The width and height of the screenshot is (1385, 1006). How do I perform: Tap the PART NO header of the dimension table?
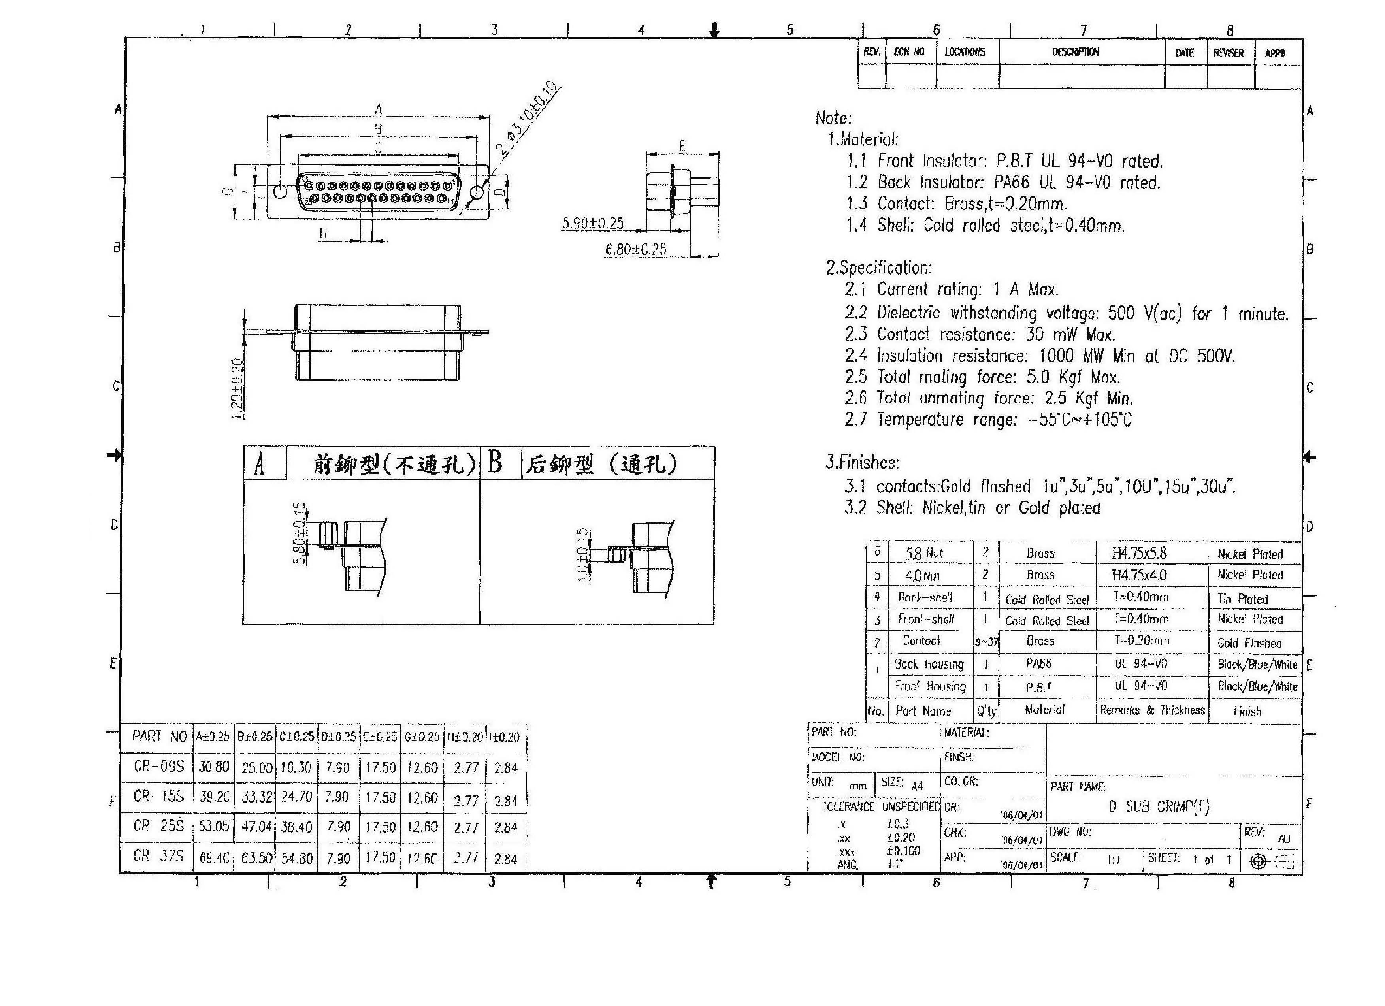[159, 737]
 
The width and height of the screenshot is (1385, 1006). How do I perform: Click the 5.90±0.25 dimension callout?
[592, 224]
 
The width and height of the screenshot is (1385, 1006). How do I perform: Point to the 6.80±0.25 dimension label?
[635, 249]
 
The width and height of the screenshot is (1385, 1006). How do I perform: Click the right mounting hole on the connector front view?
[477, 193]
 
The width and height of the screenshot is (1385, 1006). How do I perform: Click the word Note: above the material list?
[833, 119]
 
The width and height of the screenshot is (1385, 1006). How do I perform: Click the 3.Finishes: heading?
[862, 462]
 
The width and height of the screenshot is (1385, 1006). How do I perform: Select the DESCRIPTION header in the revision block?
[1075, 53]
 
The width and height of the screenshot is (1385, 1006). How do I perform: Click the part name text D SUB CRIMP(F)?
[1159, 807]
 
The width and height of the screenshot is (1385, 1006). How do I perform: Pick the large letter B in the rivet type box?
[495, 463]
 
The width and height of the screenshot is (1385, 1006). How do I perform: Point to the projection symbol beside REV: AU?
[1258, 861]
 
